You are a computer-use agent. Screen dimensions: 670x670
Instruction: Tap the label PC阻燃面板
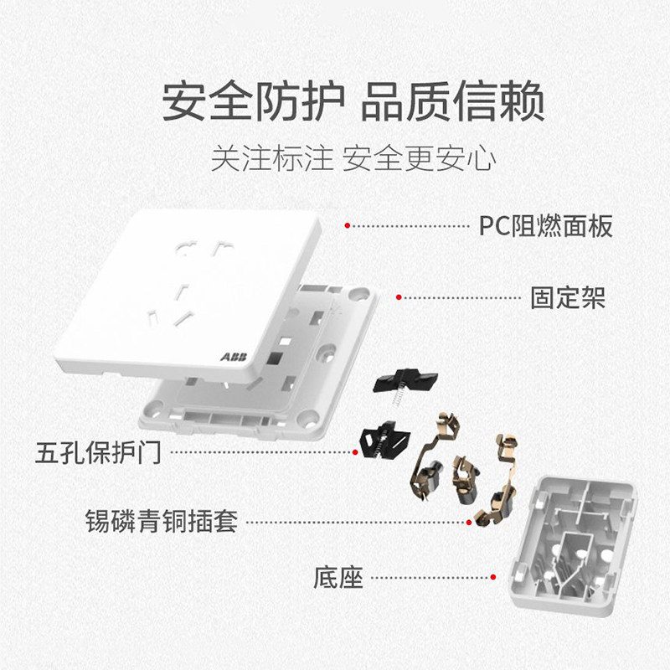(545, 225)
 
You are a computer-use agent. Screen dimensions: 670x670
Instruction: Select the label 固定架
(567, 296)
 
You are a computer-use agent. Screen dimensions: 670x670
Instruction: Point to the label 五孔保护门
(99, 453)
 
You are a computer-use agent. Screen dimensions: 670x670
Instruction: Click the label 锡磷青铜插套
(162, 521)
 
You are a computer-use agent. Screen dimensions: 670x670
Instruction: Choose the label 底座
(338, 577)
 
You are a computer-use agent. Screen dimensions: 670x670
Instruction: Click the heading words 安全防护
(252, 102)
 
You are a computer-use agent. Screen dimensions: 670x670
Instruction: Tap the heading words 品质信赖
(453, 102)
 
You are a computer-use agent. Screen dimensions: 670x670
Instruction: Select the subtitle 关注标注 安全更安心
(353, 159)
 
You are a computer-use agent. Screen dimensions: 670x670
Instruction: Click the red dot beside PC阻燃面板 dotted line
(347, 225)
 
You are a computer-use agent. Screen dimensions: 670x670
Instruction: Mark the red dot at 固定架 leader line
(399, 297)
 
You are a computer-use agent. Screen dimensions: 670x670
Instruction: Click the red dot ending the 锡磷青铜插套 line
(470, 521)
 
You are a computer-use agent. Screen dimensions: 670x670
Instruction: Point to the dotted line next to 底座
(431, 577)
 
